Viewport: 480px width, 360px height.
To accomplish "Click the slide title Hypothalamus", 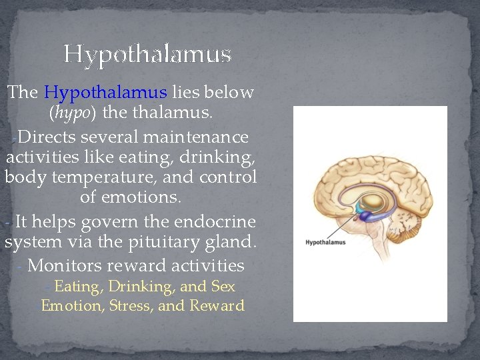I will pyautogui.click(x=147, y=54).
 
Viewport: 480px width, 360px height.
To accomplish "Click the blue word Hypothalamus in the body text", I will pyautogui.click(x=105, y=92).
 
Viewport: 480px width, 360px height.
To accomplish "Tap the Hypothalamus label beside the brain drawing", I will pyautogui.click(x=326, y=243).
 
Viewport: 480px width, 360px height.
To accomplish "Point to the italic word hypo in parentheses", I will pyautogui.click(x=73, y=114).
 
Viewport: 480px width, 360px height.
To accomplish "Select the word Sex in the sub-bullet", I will pyautogui.click(x=223, y=287).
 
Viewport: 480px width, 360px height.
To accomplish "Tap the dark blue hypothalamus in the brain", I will pyautogui.click(x=363, y=215).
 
